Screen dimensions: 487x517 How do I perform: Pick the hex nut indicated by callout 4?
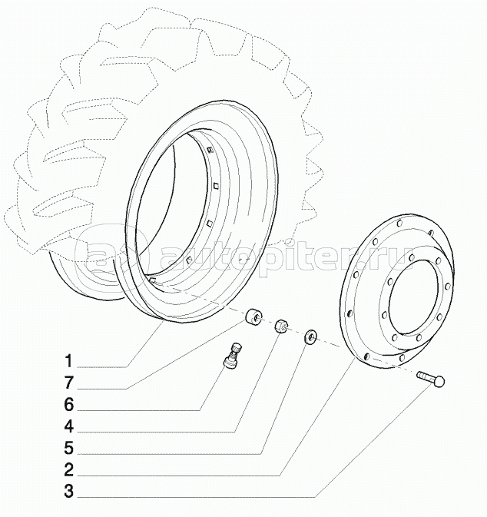tap(282, 326)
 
